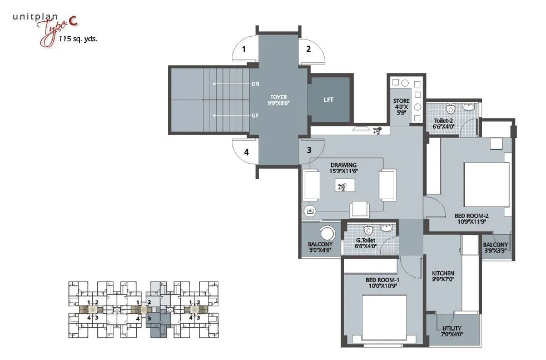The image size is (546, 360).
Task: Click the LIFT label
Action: click(329, 100)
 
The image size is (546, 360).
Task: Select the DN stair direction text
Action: click(255, 85)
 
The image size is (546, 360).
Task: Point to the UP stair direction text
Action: click(255, 116)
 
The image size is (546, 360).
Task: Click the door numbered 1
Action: click(244, 49)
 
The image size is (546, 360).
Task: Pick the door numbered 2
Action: click(308, 49)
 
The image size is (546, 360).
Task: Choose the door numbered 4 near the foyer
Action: click(245, 151)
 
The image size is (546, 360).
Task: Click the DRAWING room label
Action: click(343, 165)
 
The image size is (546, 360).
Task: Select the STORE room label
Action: click(402, 101)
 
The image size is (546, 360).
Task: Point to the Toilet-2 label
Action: click(444, 120)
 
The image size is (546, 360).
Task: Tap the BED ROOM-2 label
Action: click(471, 215)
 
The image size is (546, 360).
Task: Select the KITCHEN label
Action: click(443, 273)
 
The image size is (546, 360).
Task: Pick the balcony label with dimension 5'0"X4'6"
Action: click(320, 245)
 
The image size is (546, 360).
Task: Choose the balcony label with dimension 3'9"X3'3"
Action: click(495, 245)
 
